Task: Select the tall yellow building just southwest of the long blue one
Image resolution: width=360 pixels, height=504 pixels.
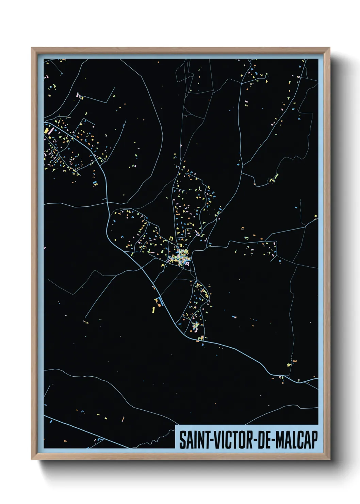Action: [x=153, y=310]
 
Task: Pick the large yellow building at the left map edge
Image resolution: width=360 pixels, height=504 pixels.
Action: [x=46, y=130]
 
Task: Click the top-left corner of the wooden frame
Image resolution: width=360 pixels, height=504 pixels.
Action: [x=32, y=48]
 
